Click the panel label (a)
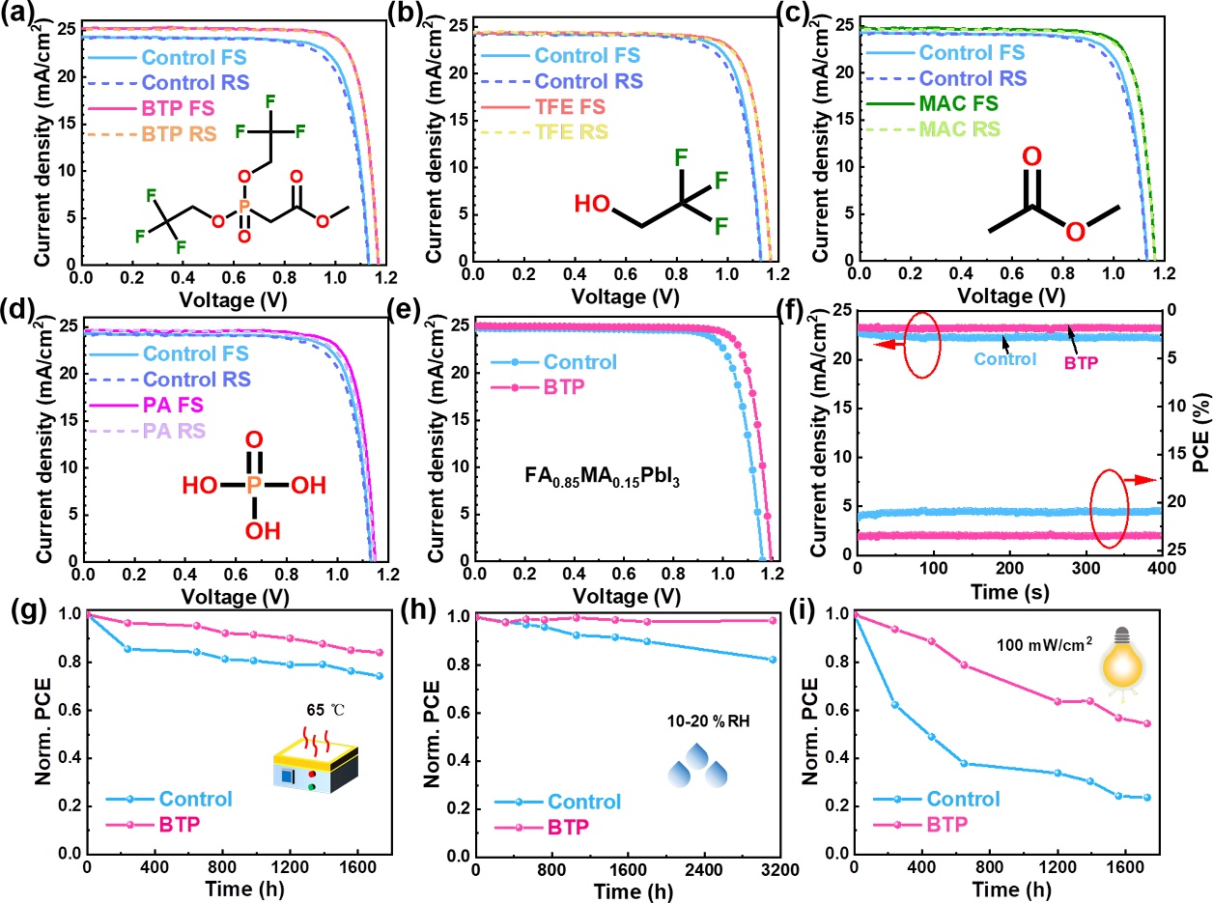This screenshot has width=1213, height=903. coord(18,14)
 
